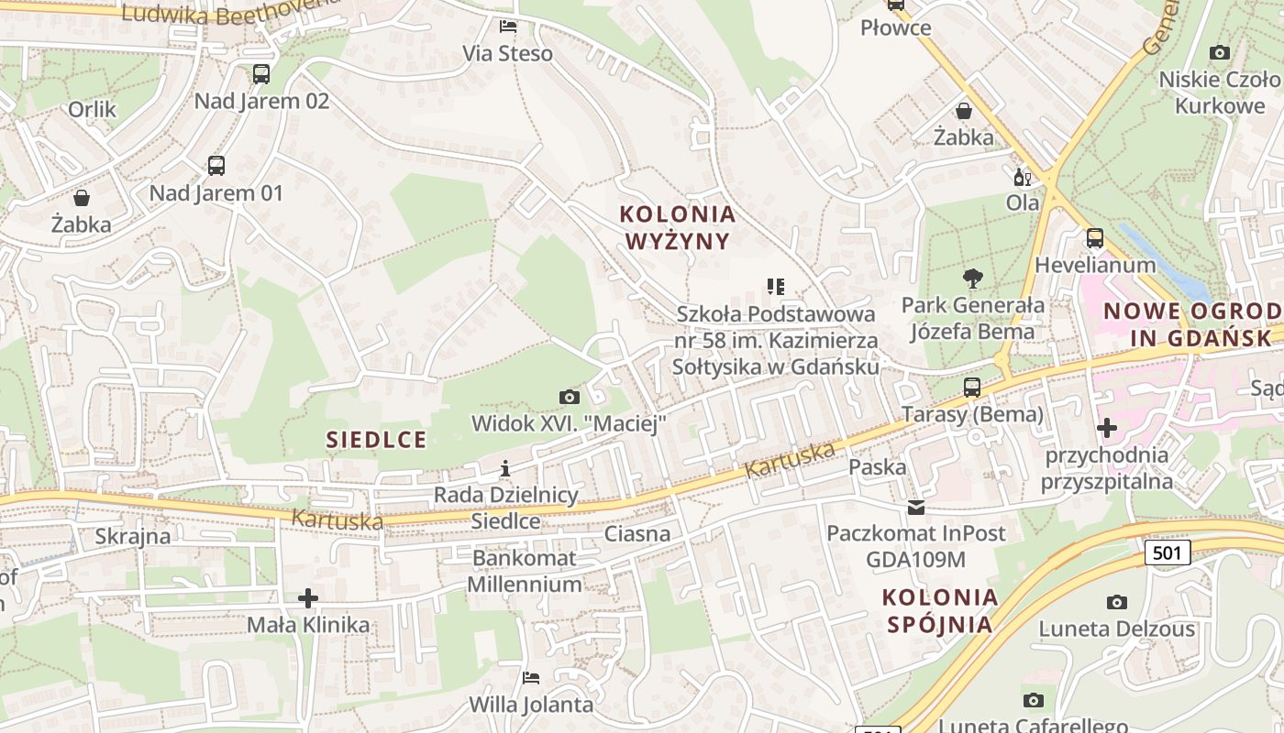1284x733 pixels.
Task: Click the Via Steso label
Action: point(507,53)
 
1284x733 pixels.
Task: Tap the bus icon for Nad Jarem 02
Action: point(261,74)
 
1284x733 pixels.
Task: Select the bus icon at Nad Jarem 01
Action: point(216,166)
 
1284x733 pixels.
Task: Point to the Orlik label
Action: point(93,110)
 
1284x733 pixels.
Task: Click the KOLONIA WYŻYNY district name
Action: point(678,227)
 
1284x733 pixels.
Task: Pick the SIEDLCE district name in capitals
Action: point(376,440)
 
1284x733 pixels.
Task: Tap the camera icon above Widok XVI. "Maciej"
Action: point(569,397)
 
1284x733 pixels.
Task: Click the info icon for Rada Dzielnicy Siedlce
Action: point(504,469)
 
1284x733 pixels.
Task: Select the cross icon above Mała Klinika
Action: point(308,598)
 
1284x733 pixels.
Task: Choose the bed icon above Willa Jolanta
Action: point(531,678)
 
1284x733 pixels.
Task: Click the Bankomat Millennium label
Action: point(524,571)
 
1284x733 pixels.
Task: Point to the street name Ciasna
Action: point(637,534)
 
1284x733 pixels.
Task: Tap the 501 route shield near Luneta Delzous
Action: point(1168,552)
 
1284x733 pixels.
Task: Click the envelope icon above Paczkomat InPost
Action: point(915,508)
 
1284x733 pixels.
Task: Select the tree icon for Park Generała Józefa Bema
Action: point(972,279)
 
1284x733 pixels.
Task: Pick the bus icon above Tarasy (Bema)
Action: point(972,388)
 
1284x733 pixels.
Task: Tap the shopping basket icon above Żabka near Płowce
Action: point(964,111)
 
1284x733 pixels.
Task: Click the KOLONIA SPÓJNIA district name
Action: point(939,611)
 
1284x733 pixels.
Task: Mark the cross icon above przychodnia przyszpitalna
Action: point(1106,428)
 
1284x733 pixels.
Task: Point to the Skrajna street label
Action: point(133,536)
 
